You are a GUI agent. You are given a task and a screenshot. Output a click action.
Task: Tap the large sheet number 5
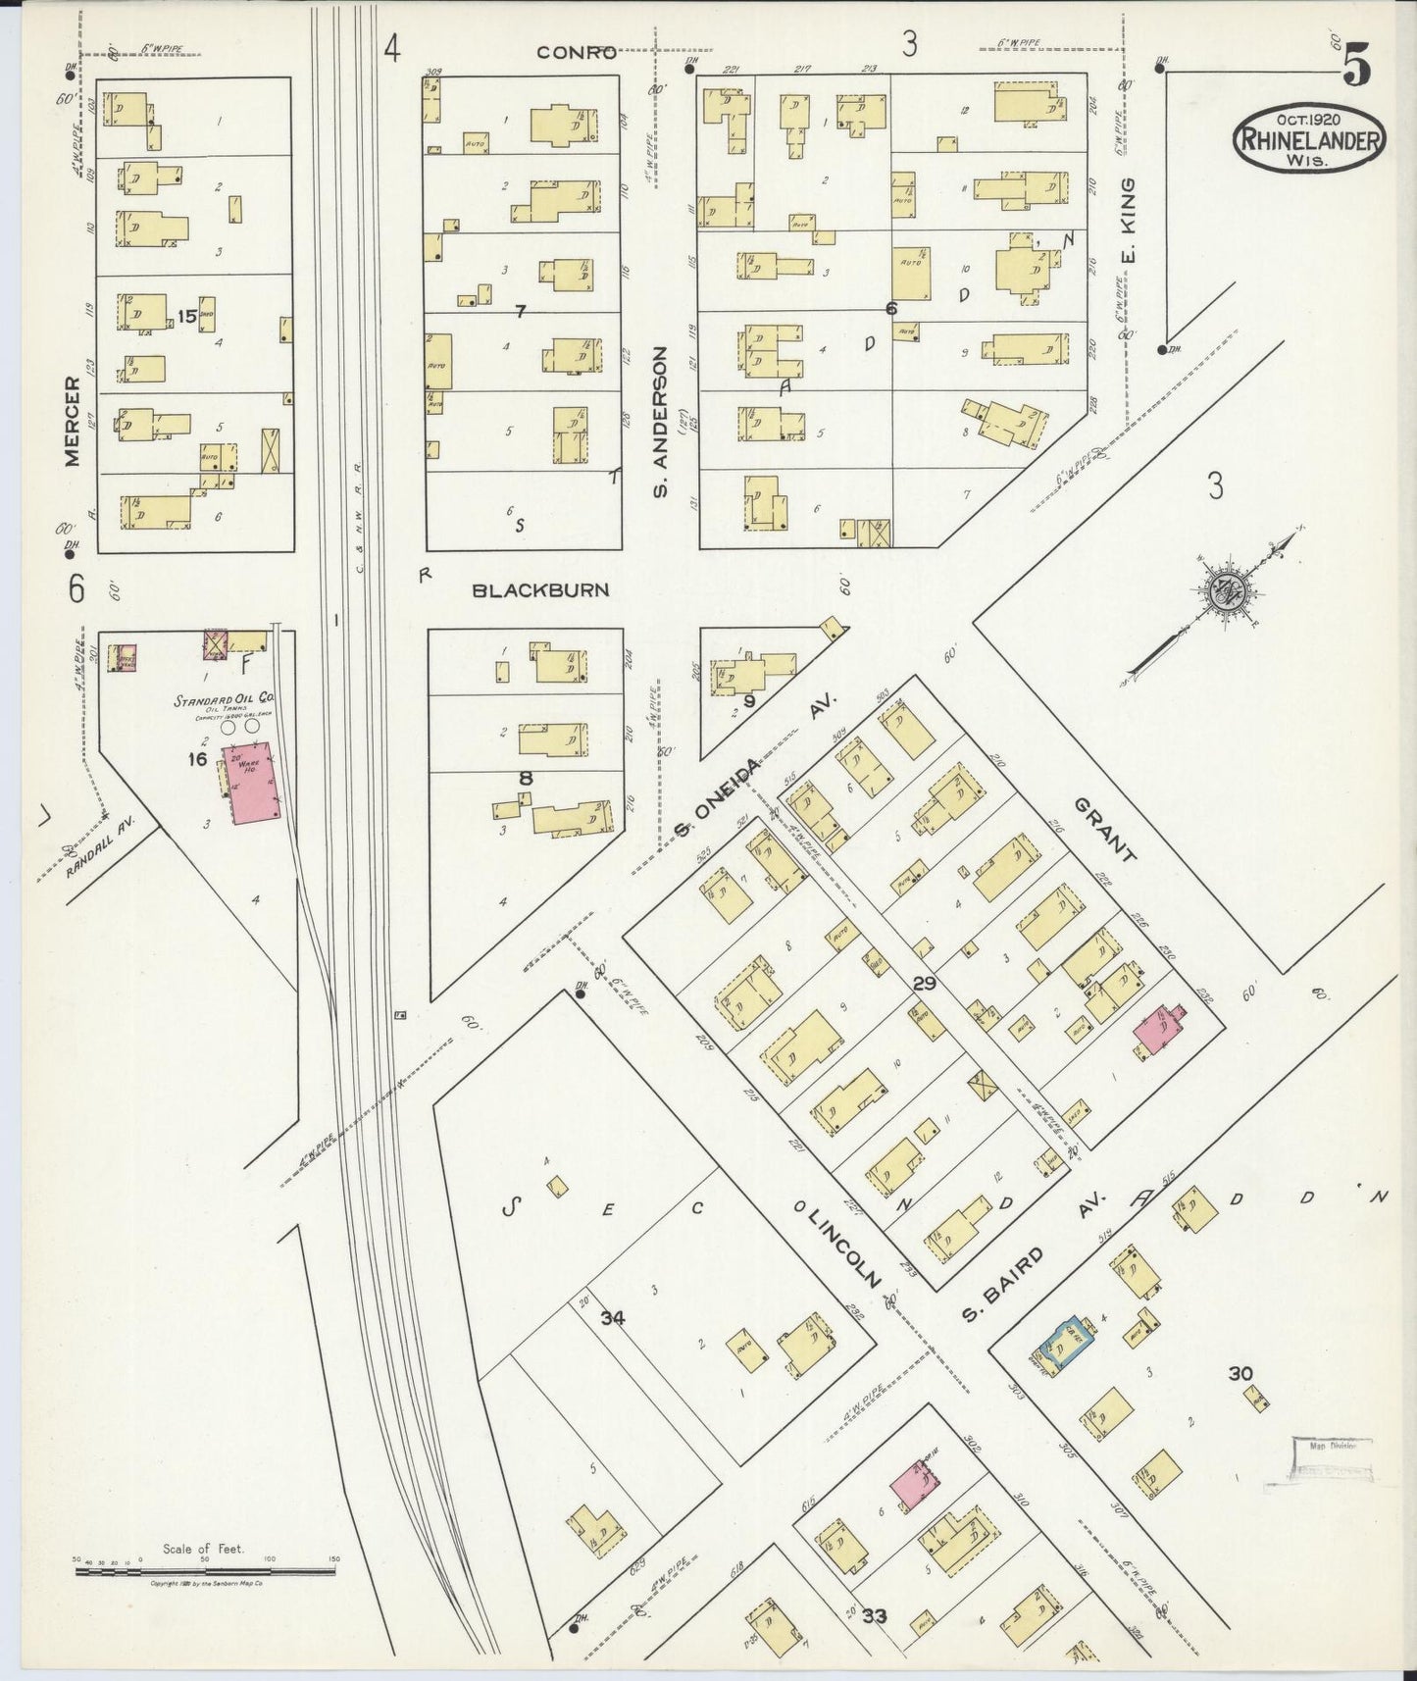point(1358,66)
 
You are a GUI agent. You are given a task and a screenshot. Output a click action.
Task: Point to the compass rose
point(1226,589)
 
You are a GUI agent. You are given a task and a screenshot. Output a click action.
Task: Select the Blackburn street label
point(540,589)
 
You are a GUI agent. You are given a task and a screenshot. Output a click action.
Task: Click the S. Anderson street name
point(660,420)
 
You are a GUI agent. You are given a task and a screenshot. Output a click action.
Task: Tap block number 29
point(924,983)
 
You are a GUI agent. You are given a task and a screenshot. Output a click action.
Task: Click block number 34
point(613,1318)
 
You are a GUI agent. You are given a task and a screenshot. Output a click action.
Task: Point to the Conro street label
point(576,52)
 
